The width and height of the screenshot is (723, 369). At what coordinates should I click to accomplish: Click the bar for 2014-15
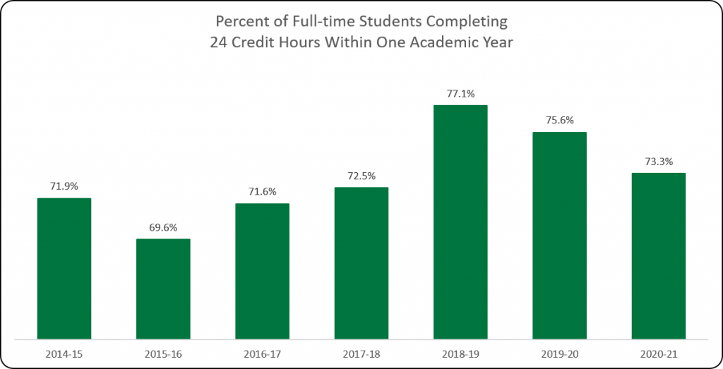point(64,268)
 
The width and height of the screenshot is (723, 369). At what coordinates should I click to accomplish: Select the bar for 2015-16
point(163,289)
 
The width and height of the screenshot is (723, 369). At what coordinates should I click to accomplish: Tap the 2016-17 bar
point(262,271)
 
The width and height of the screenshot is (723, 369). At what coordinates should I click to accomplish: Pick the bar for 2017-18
point(361,262)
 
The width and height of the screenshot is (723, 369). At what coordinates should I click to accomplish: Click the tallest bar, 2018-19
point(460,222)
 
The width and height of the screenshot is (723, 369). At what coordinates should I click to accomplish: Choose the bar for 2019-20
point(559,235)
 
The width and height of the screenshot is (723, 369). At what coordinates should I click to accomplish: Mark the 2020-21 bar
point(658,255)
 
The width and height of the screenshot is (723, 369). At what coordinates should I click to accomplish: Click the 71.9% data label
point(64,186)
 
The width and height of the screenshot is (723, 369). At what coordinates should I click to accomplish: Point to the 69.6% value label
point(163,227)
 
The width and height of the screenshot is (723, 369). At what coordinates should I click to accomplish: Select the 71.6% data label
point(262,192)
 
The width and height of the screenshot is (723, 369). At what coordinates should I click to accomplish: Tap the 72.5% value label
point(361,176)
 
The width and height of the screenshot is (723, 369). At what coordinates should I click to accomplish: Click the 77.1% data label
point(460,93)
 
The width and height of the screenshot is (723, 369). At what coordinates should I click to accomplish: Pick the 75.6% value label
point(559,120)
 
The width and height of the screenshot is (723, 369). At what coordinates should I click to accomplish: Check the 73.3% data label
point(658,161)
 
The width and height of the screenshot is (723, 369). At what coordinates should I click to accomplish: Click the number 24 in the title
point(219,42)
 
